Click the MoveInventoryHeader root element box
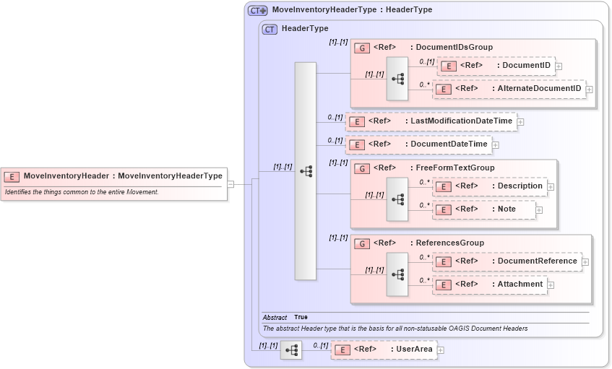[x=116, y=175]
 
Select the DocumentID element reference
[x=497, y=66]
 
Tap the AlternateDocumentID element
[x=509, y=89]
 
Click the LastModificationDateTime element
[x=431, y=121]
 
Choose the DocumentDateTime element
[x=418, y=144]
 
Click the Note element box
[x=484, y=209]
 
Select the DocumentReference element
[x=507, y=261]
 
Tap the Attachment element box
[x=489, y=285]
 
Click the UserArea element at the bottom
[x=384, y=350]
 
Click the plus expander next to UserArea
[x=441, y=350]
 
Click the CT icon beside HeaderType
[x=270, y=29]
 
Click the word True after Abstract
[x=301, y=318]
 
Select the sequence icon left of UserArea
[x=291, y=350]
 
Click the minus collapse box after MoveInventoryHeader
[x=230, y=184]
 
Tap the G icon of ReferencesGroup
[x=362, y=243]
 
